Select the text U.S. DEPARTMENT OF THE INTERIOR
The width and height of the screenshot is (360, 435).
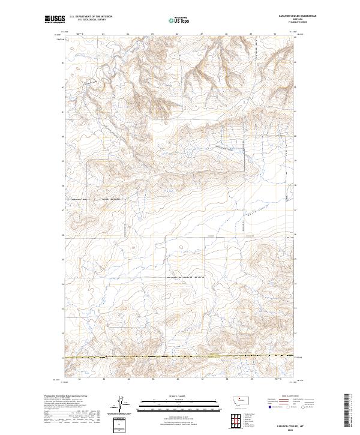click(x=91, y=17)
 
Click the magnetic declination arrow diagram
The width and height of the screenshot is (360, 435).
click(x=119, y=405)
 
